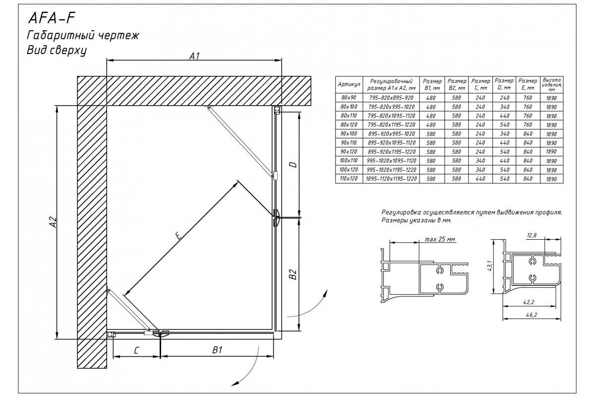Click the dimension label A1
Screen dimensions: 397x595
point(195,56)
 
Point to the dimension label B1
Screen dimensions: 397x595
point(217,350)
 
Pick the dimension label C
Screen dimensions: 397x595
point(136,350)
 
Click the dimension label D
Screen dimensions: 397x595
point(293,164)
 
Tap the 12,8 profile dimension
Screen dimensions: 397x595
point(532,236)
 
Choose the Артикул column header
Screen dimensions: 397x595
point(349,85)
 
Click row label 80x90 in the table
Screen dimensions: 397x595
point(349,98)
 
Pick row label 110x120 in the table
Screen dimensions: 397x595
point(349,178)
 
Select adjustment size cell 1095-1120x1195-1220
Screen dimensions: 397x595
point(391,178)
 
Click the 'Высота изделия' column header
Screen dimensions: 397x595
point(551,84)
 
